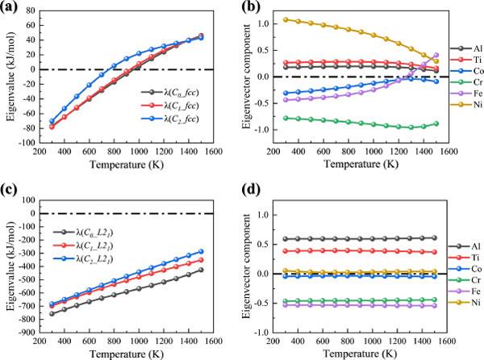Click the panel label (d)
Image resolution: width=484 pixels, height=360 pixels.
(x=254, y=191)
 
